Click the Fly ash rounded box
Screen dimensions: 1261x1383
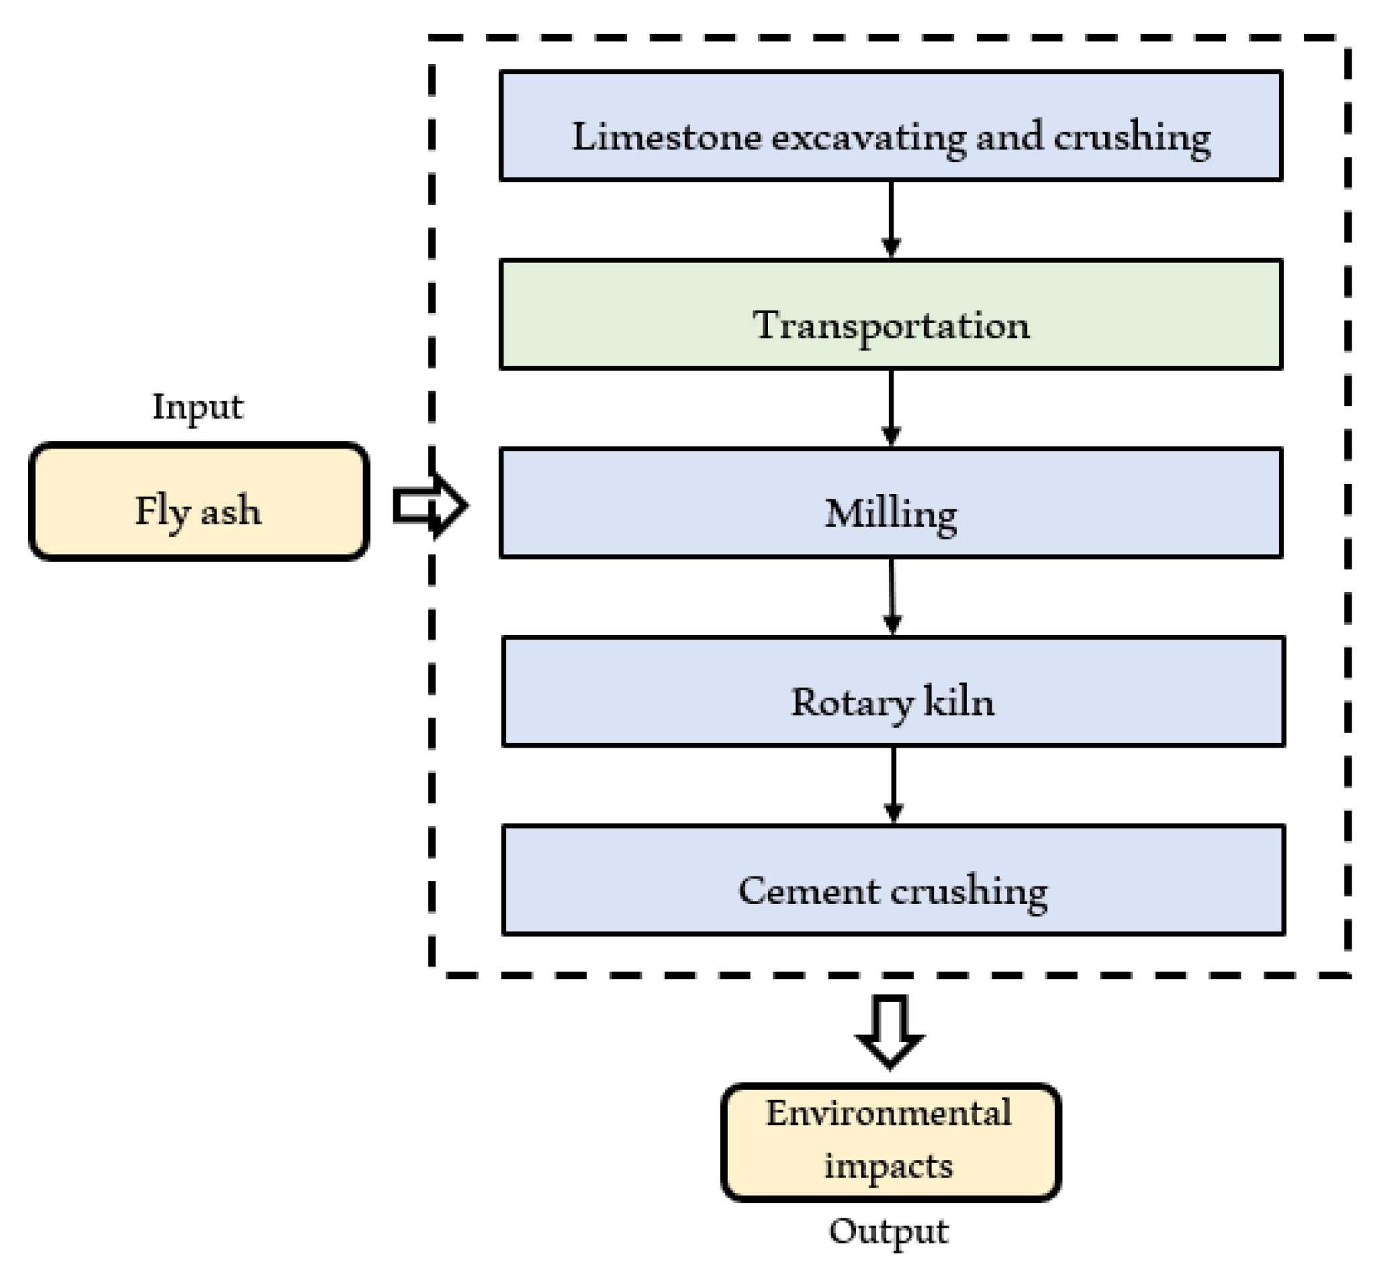[x=199, y=502]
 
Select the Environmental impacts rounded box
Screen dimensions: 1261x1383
[x=890, y=1142]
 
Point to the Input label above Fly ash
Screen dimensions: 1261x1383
[x=198, y=407]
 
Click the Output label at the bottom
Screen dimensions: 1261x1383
[x=889, y=1231]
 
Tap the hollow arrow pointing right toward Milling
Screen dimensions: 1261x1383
[x=429, y=506]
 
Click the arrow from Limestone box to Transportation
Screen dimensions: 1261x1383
[x=890, y=218]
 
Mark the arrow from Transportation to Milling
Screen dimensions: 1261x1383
[x=890, y=407]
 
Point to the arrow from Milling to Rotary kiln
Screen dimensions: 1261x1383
[x=891, y=596]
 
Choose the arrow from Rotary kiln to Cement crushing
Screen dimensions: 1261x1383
[x=894, y=784]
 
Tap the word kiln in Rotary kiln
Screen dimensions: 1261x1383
[x=958, y=702]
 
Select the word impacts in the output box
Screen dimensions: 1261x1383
[x=888, y=1166]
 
